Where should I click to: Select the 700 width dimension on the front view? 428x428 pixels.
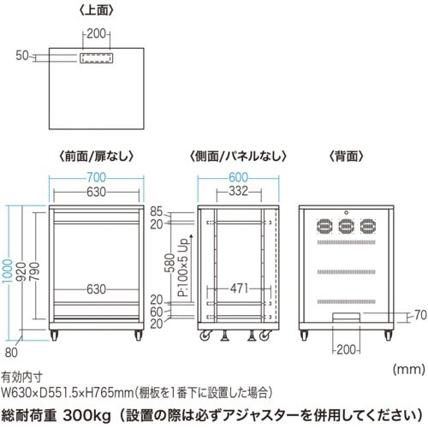click(x=95, y=177)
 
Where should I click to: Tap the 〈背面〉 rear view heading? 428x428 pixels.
click(x=346, y=157)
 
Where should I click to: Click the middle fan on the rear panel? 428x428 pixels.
click(x=347, y=226)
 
